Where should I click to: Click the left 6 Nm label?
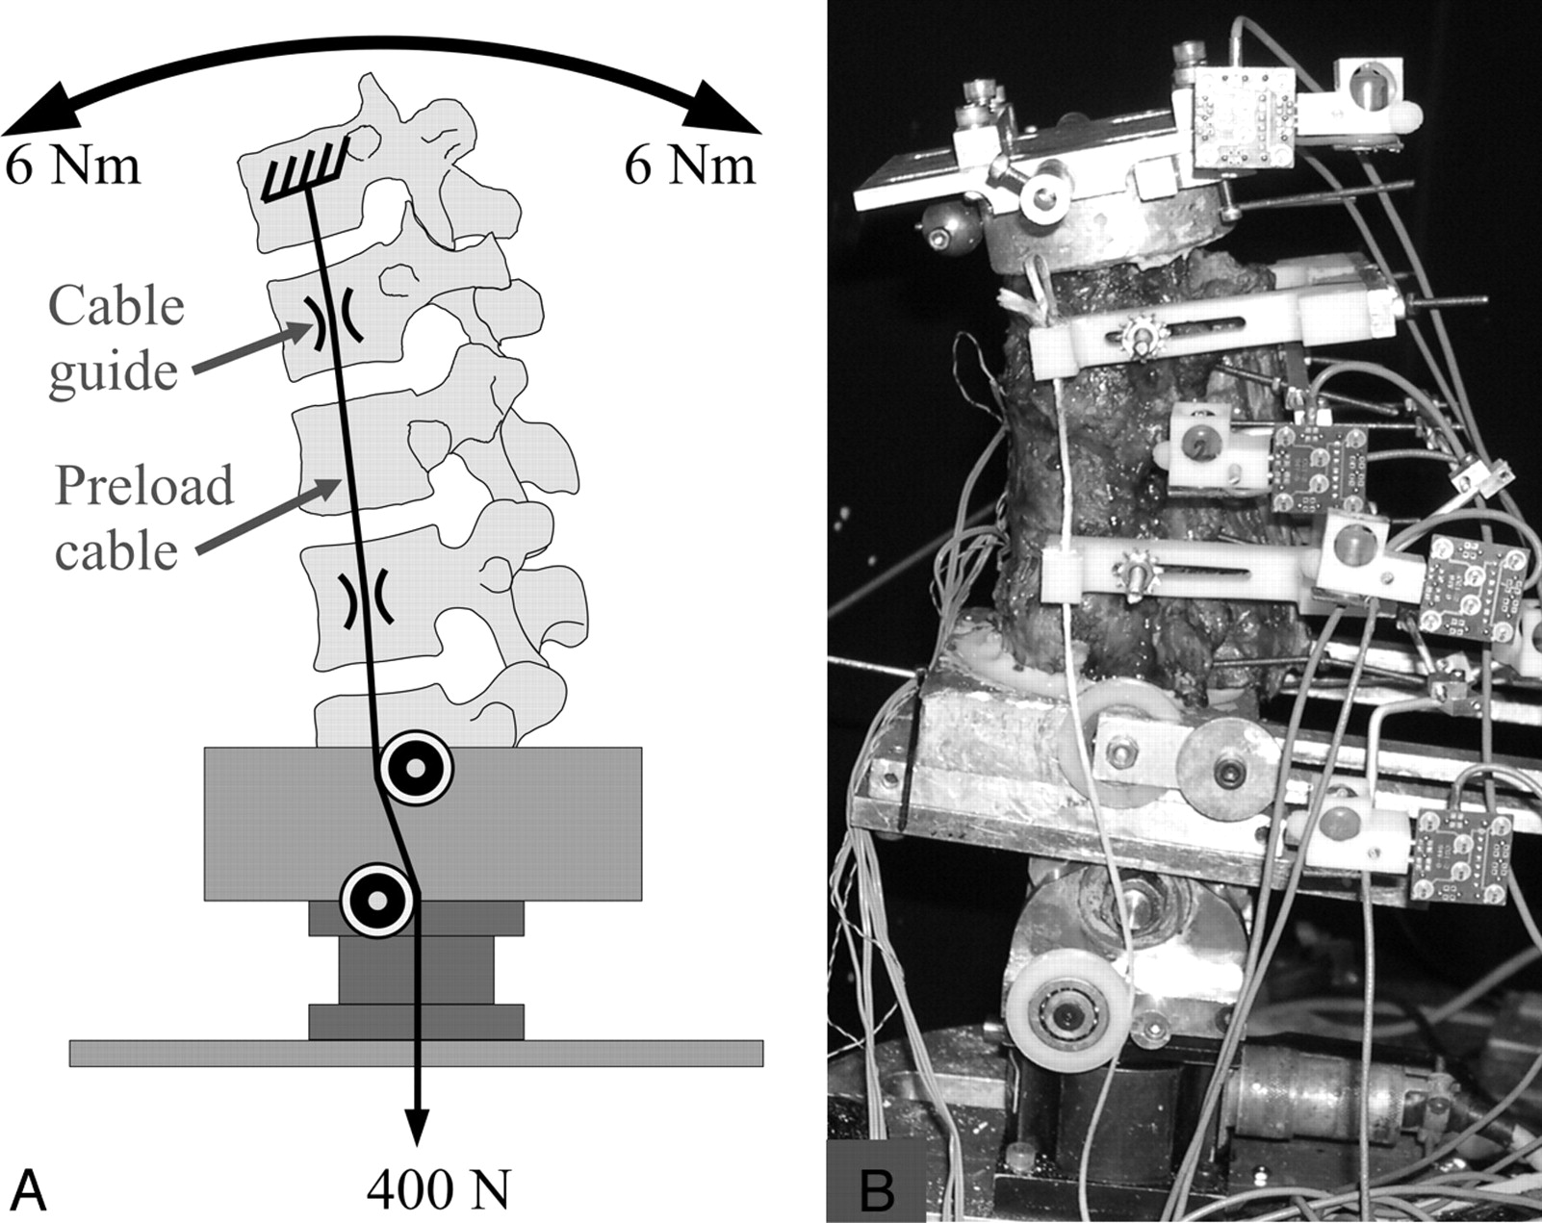point(73,166)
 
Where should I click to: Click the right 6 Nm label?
point(689,166)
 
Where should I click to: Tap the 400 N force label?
point(437,1189)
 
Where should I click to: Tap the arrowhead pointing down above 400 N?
point(416,1126)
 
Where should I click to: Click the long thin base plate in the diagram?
point(416,1053)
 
